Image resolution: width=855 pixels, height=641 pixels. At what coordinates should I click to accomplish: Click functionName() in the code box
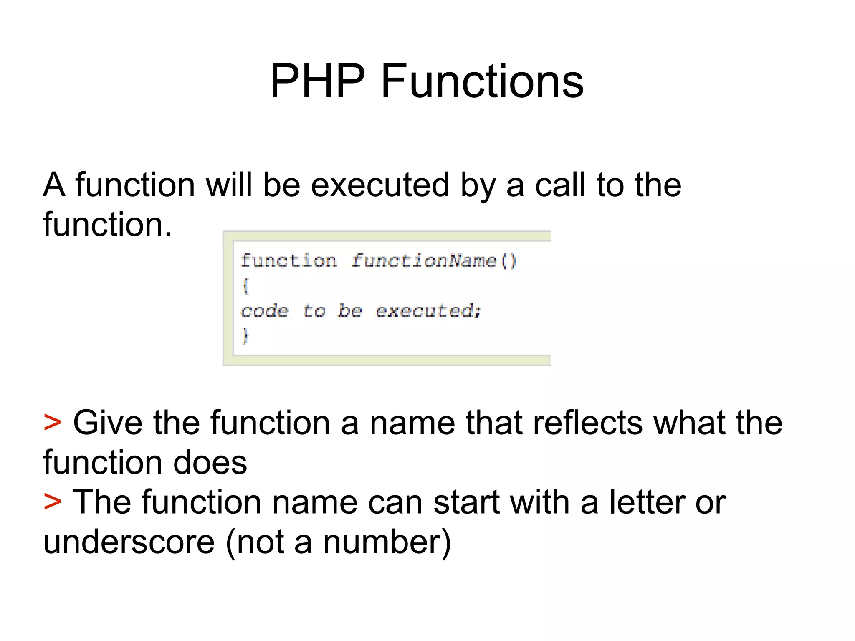point(433,261)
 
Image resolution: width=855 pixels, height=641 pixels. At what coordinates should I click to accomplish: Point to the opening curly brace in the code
point(245,286)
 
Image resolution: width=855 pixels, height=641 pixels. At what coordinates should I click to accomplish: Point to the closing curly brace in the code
point(245,335)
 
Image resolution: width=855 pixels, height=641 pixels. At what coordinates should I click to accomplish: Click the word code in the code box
point(265,311)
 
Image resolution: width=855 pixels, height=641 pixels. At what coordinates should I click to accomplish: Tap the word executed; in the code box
point(428,311)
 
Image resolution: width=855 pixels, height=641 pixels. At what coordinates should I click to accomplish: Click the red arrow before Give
point(53,423)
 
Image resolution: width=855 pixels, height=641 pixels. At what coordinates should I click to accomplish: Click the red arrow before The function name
point(53,502)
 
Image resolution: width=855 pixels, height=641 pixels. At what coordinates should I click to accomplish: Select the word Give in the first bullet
point(108,423)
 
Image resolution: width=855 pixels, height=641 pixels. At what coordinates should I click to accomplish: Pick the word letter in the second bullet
point(647,502)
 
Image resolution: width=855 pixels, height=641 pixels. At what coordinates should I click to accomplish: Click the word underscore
point(129,542)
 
